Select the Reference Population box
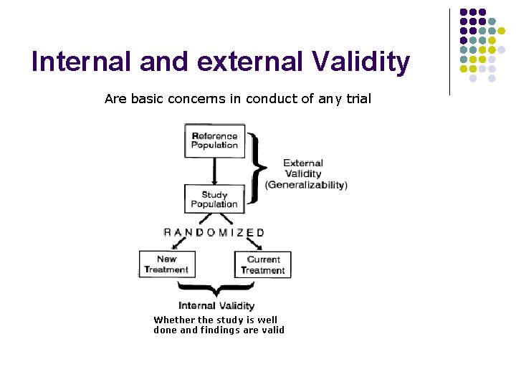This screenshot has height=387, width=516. (x=214, y=140)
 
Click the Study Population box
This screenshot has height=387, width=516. (x=214, y=199)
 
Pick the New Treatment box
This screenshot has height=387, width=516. (x=166, y=264)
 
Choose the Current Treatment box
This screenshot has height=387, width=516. (x=263, y=264)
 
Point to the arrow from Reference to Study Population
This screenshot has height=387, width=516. (x=214, y=171)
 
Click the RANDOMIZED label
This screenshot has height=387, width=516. (x=214, y=232)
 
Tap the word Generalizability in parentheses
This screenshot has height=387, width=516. (x=306, y=185)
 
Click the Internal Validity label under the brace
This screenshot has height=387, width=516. (x=217, y=306)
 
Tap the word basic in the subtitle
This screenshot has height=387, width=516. (x=147, y=99)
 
